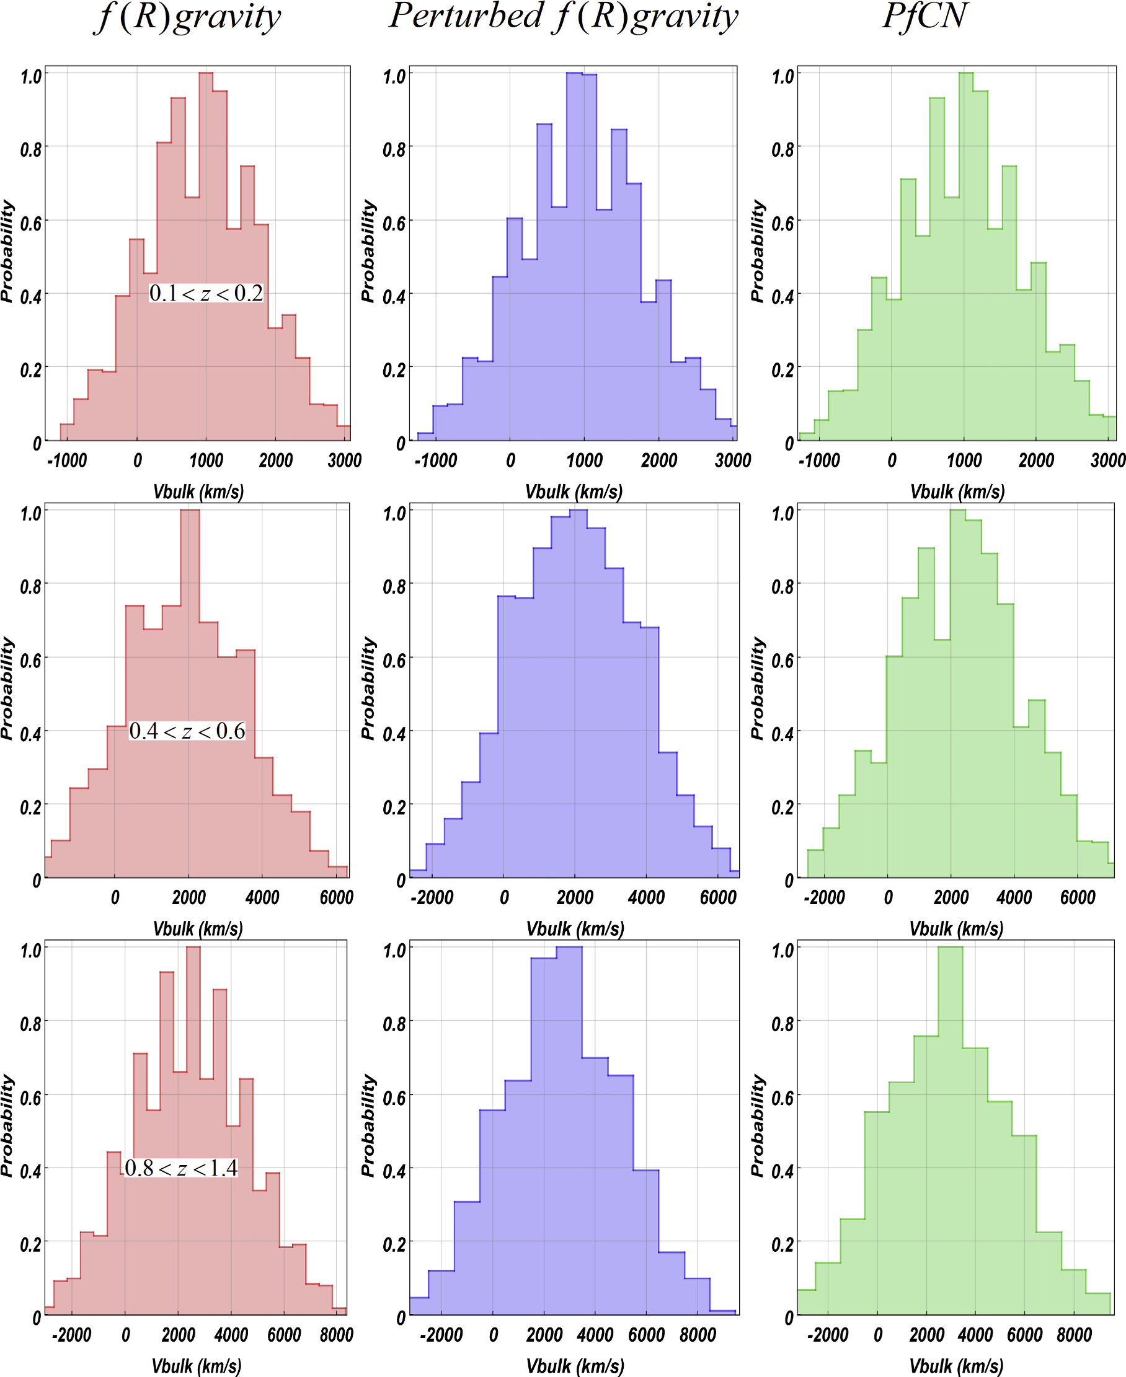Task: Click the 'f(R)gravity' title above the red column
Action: [188, 17]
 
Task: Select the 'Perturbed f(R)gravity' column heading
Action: [563, 17]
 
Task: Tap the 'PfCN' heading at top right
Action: [925, 17]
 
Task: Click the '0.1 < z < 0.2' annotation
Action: [206, 293]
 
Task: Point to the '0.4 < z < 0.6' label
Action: [187, 731]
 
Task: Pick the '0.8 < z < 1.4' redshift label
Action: [181, 1168]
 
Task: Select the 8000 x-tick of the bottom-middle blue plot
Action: [698, 1335]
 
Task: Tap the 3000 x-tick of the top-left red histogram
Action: [344, 460]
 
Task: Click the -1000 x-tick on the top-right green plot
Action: [819, 460]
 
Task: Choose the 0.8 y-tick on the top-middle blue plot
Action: [394, 150]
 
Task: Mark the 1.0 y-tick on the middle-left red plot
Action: [31, 514]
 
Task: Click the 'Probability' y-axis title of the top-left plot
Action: [7, 252]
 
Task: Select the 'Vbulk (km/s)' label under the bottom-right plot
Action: [956, 1366]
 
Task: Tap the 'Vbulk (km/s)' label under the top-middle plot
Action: [574, 492]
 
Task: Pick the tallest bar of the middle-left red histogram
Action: [190, 694]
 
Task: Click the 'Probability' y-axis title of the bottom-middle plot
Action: [368, 1125]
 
